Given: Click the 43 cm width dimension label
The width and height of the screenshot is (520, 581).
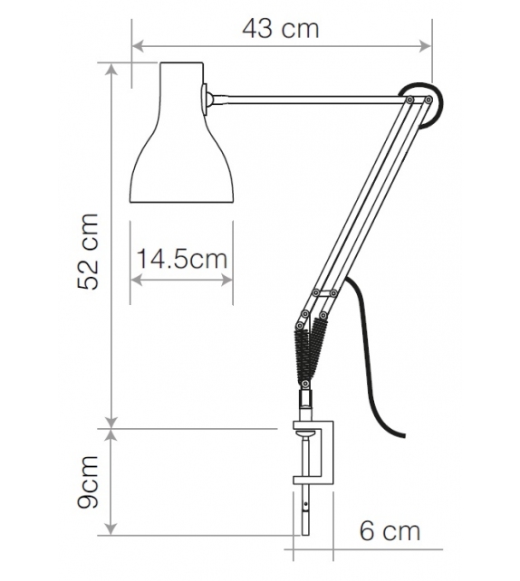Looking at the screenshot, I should [281, 28].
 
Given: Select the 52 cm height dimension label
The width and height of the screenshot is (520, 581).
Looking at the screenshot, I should [88, 252].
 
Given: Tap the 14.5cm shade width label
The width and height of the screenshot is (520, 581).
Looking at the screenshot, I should [181, 260].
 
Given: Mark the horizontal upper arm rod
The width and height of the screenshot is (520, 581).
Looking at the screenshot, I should [308, 94].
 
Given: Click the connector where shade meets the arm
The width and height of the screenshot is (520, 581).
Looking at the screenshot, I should [209, 97].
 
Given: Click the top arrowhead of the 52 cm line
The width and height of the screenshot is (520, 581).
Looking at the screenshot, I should [111, 66].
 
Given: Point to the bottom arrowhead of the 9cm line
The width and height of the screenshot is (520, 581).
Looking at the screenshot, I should [111, 529].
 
